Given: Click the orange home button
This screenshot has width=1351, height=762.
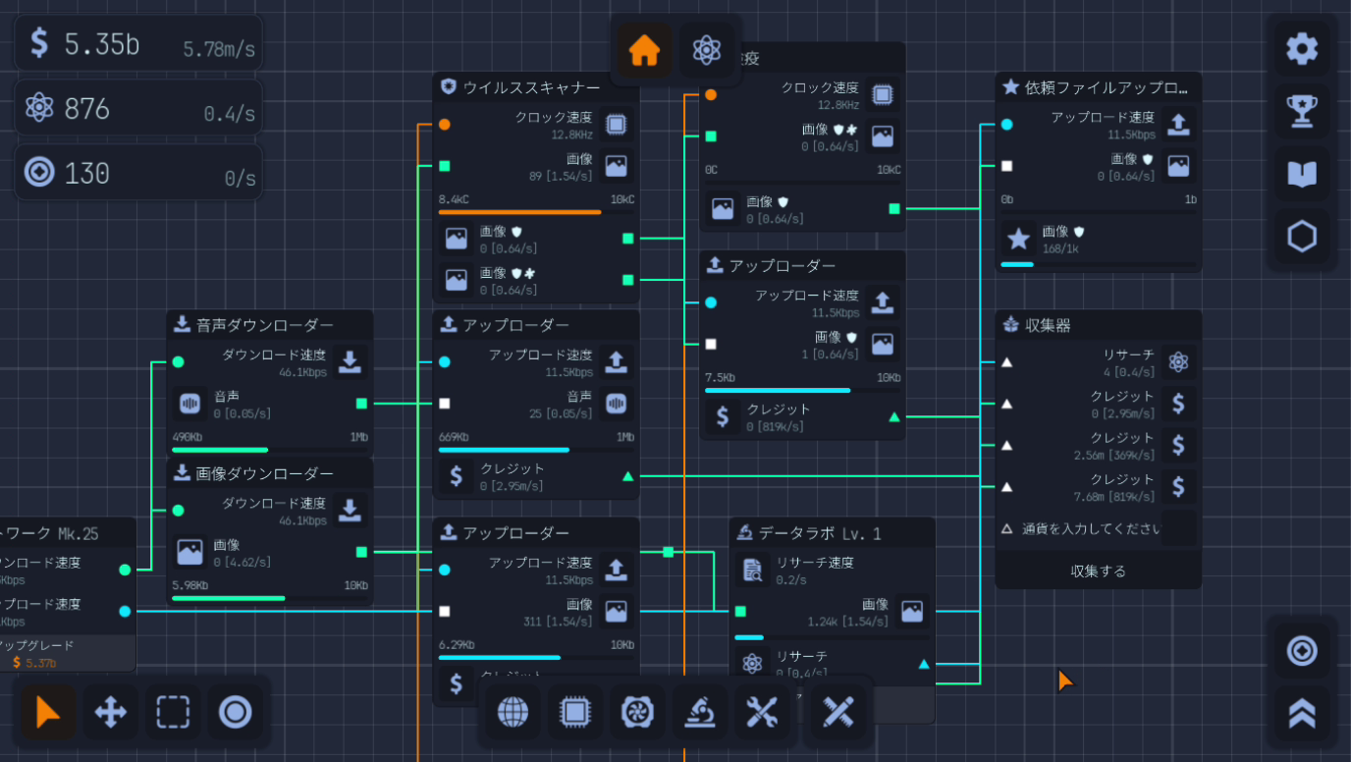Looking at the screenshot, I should [644, 50].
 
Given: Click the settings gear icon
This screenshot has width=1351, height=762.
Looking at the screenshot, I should [1302, 49].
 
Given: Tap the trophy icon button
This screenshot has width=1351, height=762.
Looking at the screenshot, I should [1302, 111].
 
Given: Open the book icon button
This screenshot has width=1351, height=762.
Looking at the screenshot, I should [1302, 174].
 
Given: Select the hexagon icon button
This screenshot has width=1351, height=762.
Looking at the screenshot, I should [1302, 237].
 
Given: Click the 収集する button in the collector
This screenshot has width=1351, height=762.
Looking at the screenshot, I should [1098, 571].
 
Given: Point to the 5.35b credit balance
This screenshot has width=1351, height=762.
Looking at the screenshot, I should [101, 43].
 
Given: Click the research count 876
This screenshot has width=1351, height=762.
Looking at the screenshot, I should [86, 109].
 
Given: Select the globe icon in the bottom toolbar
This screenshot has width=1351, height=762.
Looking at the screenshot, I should [513, 711].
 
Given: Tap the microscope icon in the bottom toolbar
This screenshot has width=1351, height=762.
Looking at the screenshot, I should [699, 711].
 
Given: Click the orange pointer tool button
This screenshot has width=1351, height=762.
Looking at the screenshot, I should [47, 712].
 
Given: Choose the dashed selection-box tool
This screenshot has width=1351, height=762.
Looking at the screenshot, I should [173, 712].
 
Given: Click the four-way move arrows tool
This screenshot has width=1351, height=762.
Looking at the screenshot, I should [110, 712].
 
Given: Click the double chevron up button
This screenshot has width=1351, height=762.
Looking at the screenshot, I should [1302, 713].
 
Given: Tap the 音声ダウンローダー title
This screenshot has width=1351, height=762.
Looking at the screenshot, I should [264, 325].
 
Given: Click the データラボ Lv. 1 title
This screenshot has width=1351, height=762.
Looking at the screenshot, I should [820, 533].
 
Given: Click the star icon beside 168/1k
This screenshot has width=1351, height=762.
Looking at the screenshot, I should [1019, 238].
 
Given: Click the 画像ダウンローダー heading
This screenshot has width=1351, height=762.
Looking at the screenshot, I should [264, 473].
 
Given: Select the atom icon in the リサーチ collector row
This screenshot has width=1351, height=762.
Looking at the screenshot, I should [1178, 362].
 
